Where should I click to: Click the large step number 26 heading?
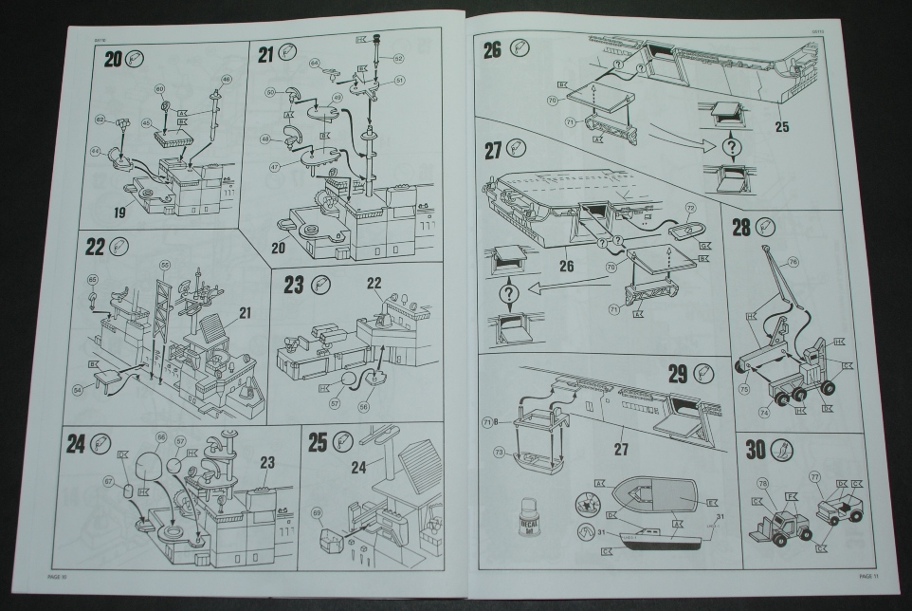(492, 50)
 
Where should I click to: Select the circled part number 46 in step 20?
(226, 79)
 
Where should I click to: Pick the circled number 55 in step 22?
(165, 264)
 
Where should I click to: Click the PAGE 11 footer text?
(870, 575)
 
